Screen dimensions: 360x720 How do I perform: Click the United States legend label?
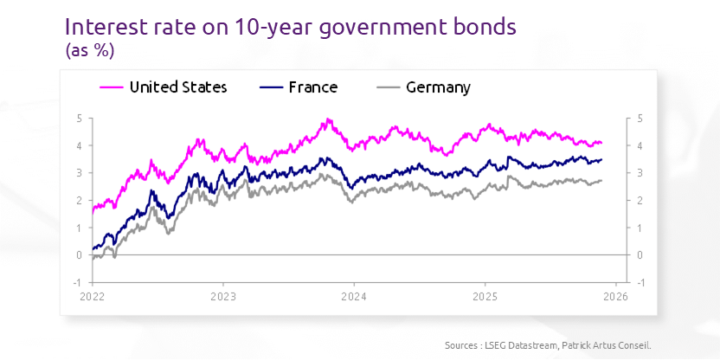pyautogui.click(x=177, y=87)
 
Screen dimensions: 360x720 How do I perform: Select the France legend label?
pyautogui.click(x=312, y=87)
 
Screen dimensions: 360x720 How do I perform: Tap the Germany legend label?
pyautogui.click(x=438, y=87)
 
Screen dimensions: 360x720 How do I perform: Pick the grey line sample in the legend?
pyautogui.click(x=389, y=87)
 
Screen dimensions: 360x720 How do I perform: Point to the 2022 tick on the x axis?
pyautogui.click(x=92, y=295)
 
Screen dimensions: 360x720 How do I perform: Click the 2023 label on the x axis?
pyautogui.click(x=222, y=295)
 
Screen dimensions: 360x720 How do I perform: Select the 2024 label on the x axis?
pyautogui.click(x=353, y=295)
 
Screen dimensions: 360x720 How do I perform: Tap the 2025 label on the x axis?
pyautogui.click(x=485, y=295)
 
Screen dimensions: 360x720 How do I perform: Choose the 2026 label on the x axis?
pyautogui.click(x=614, y=295)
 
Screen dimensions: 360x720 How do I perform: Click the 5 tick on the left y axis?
pyautogui.click(x=79, y=119)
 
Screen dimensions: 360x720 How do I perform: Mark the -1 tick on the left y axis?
pyautogui.click(x=77, y=283)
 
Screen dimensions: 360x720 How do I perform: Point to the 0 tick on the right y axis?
pyautogui.click(x=640, y=255)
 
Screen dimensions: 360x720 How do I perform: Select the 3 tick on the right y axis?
pyautogui.click(x=640, y=173)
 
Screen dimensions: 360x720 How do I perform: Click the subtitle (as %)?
pyautogui.click(x=90, y=51)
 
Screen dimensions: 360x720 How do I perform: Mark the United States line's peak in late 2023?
pyautogui.click(x=327, y=119)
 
